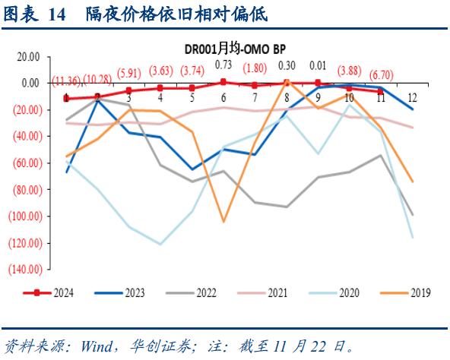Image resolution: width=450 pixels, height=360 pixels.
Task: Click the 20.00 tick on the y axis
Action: pos(28,56)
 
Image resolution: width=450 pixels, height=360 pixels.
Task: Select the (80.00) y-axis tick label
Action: pos(26,189)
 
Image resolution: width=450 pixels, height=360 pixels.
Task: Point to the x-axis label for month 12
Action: pos(412,98)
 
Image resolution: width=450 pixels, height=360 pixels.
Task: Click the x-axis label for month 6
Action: pos(223,98)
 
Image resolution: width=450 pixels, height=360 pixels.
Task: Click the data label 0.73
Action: pos(223,65)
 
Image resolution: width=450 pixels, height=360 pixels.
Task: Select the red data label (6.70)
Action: pos(380,74)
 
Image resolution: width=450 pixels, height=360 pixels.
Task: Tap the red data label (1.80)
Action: pos(255,68)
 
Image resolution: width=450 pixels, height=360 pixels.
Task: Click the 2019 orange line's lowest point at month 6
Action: pos(223,222)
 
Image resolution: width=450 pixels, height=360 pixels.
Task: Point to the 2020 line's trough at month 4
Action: pos(160,244)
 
